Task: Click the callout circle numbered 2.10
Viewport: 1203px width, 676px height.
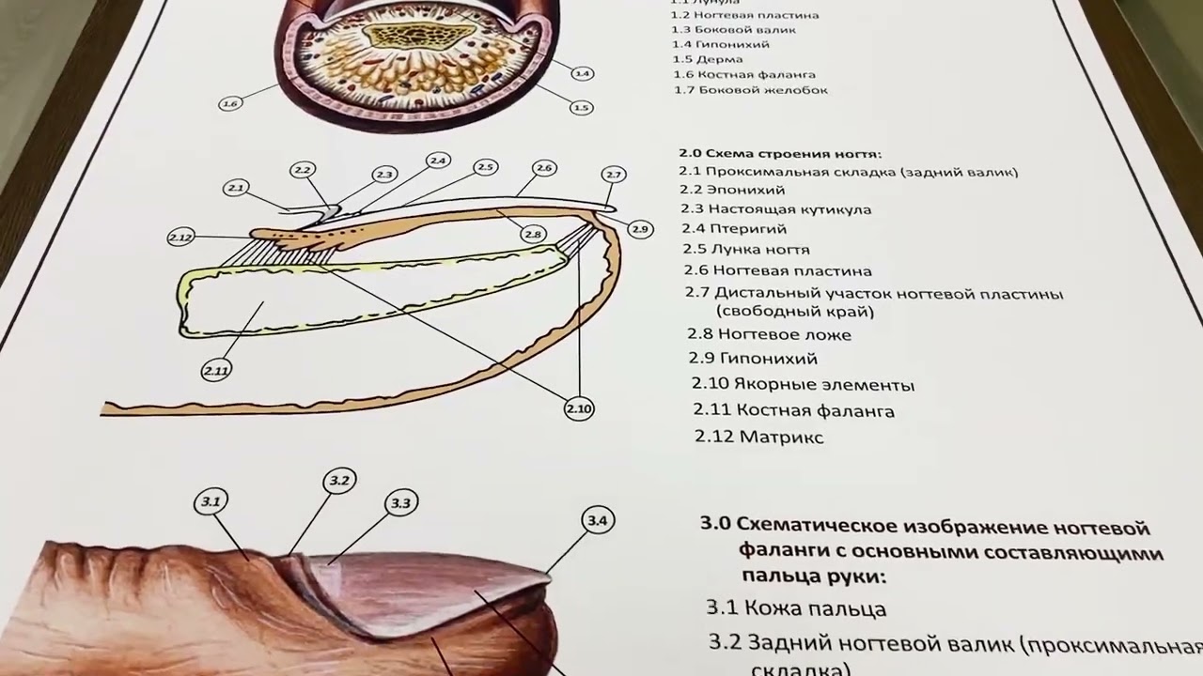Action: (x=579, y=408)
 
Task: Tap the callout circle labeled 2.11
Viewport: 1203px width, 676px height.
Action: (x=216, y=371)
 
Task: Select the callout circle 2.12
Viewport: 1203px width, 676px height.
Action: (x=180, y=238)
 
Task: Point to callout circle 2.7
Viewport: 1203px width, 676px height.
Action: (x=614, y=176)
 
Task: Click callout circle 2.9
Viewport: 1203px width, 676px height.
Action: (x=640, y=229)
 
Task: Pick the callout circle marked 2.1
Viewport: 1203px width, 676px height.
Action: (x=236, y=189)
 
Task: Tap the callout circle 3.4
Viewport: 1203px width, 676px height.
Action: (x=598, y=521)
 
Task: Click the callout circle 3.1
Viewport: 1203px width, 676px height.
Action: (x=211, y=502)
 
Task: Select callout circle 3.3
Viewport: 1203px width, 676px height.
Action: (x=400, y=503)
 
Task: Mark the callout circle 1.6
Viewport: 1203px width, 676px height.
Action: (x=230, y=103)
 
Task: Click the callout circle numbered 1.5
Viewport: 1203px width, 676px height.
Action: (x=582, y=108)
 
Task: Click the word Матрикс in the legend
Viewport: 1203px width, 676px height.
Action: (x=781, y=437)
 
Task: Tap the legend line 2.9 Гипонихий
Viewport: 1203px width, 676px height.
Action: (x=753, y=358)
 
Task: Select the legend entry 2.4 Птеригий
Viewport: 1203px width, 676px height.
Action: (x=734, y=228)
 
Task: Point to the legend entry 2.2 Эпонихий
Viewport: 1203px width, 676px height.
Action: (x=731, y=191)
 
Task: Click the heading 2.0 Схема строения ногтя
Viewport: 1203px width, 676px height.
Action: (x=780, y=154)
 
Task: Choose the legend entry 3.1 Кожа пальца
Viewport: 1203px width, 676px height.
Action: (x=796, y=608)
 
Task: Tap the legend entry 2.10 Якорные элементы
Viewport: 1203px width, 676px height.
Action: (x=803, y=384)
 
